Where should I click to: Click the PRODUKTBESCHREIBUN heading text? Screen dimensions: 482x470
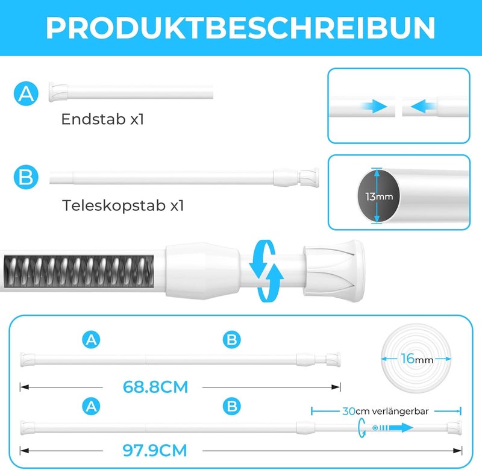click(x=240, y=28)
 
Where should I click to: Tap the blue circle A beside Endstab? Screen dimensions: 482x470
click(x=26, y=93)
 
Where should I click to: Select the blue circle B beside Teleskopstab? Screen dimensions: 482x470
click(x=26, y=177)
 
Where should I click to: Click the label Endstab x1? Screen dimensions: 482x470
click(x=102, y=119)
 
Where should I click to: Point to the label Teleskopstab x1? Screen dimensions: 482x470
click(x=123, y=205)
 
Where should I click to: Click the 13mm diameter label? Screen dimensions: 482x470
click(x=379, y=196)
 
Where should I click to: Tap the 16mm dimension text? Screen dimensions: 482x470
click(x=417, y=359)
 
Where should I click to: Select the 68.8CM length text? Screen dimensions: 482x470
click(x=155, y=387)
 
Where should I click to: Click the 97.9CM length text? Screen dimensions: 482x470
click(x=155, y=450)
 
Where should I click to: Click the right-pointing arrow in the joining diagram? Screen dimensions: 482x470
click(x=374, y=107)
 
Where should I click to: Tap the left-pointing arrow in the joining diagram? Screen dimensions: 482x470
click(x=424, y=107)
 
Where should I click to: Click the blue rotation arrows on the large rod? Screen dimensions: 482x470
click(x=266, y=271)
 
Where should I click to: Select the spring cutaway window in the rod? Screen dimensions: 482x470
click(x=79, y=271)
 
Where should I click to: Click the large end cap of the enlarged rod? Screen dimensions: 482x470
click(x=334, y=271)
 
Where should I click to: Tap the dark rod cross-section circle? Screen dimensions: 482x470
click(x=379, y=196)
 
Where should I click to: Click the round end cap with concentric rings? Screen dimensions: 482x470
click(x=416, y=358)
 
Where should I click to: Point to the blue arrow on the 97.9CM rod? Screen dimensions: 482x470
click(x=393, y=428)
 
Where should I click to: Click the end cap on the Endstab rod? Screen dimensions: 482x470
click(x=58, y=92)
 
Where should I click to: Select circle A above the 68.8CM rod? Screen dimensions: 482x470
click(x=92, y=340)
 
